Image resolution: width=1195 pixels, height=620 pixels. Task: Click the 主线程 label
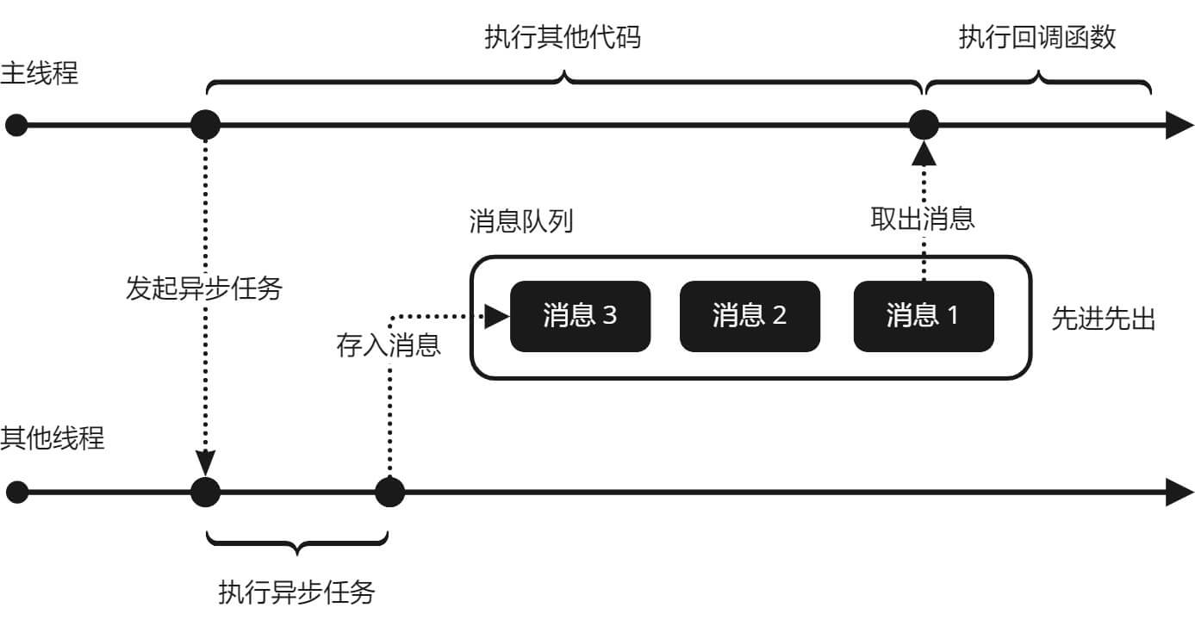pyautogui.click(x=40, y=73)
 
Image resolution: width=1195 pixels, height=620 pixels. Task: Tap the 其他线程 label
pyautogui.click(x=53, y=437)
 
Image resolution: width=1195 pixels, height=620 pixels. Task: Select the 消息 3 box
pyautogui.click(x=580, y=316)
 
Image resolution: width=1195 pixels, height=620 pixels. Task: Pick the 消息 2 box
pyautogui.click(x=750, y=316)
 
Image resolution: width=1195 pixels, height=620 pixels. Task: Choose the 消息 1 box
pyautogui.click(x=923, y=316)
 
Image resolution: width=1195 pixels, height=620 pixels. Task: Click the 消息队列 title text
pyautogui.click(x=521, y=221)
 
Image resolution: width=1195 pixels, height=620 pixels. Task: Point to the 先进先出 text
pyautogui.click(x=1103, y=319)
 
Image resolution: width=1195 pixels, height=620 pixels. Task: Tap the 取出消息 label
pyautogui.click(x=923, y=219)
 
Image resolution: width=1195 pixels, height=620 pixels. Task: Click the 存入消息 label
pyautogui.click(x=389, y=345)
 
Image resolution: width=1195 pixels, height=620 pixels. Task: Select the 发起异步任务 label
pyautogui.click(x=204, y=288)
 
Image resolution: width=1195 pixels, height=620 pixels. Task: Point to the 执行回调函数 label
pyautogui.click(x=1037, y=38)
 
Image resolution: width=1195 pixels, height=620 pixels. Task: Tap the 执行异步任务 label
pyautogui.click(x=297, y=592)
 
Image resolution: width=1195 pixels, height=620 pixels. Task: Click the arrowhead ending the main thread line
pyautogui.click(x=1179, y=126)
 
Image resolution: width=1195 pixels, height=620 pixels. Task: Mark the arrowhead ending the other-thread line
pyautogui.click(x=1179, y=493)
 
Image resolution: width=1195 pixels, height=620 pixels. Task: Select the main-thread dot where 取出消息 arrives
pyautogui.click(x=924, y=126)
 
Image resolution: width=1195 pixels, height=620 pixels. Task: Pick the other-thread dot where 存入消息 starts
pyautogui.click(x=389, y=493)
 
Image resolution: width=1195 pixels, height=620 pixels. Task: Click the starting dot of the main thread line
pyautogui.click(x=16, y=126)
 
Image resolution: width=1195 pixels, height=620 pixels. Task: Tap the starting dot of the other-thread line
pyautogui.click(x=16, y=493)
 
